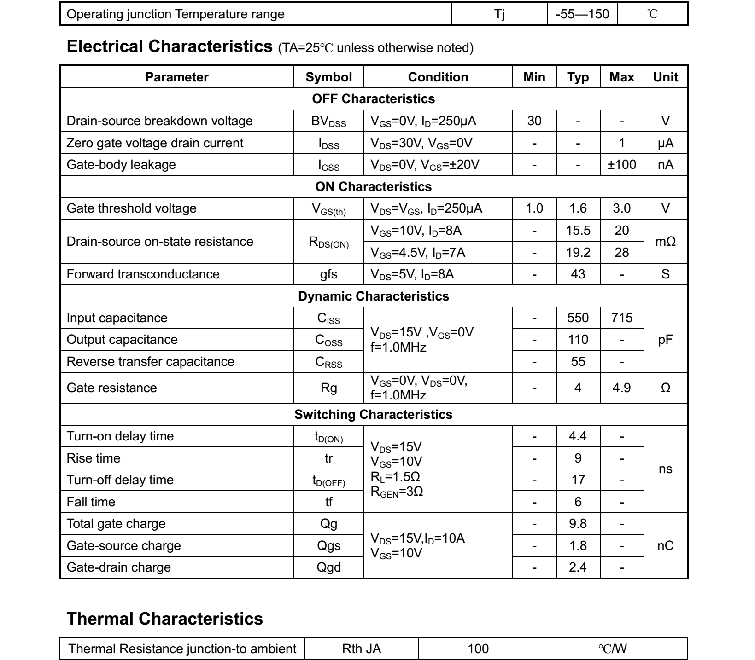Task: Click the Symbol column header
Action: point(328,77)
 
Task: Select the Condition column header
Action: point(438,77)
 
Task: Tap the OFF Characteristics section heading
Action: point(373,99)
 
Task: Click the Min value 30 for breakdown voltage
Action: point(534,121)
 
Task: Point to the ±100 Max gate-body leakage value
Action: point(621,165)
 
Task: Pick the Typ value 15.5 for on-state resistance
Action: point(578,231)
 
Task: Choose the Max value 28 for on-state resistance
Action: point(621,252)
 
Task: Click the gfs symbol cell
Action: point(328,274)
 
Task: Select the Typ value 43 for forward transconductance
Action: point(578,274)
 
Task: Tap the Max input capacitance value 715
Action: point(621,318)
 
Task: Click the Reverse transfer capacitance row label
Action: point(150,362)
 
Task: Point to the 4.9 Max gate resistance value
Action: point(621,388)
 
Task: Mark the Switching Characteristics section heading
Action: point(373,415)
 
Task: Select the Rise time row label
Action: point(94,458)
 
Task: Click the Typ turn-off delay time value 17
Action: point(578,480)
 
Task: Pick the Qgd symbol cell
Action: point(328,567)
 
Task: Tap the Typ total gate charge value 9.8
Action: point(578,524)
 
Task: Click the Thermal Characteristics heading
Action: point(165,619)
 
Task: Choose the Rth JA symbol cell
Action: point(361,649)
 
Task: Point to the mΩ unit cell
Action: point(665,242)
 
